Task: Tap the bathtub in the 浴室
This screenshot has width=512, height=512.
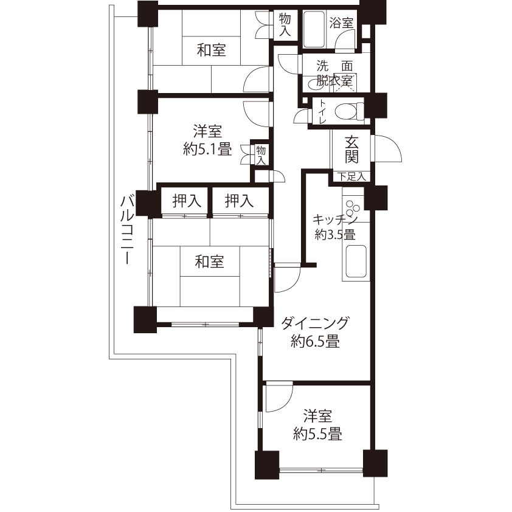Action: (x=314, y=29)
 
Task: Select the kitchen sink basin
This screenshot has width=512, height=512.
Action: (x=356, y=261)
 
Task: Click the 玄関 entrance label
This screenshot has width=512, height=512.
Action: (x=351, y=150)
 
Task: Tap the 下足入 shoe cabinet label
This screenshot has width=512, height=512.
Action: (x=351, y=177)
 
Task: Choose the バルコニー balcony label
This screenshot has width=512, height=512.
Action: (x=127, y=229)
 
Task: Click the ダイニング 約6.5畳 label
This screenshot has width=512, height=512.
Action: (x=315, y=332)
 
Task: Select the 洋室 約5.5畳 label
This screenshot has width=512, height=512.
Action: (x=317, y=425)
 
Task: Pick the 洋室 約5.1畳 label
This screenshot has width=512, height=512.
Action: (x=207, y=140)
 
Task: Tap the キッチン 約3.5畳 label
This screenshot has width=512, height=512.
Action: (x=335, y=227)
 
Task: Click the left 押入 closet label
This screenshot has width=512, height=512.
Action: (x=187, y=201)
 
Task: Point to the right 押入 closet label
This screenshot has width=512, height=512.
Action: (x=239, y=201)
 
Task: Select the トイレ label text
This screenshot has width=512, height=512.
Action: (x=322, y=111)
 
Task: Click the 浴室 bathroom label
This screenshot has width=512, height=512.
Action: (x=341, y=23)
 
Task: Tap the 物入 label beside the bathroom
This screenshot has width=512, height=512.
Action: (x=285, y=25)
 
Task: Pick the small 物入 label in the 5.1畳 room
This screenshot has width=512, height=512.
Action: (x=261, y=156)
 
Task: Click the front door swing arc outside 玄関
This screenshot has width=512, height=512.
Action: (x=389, y=148)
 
